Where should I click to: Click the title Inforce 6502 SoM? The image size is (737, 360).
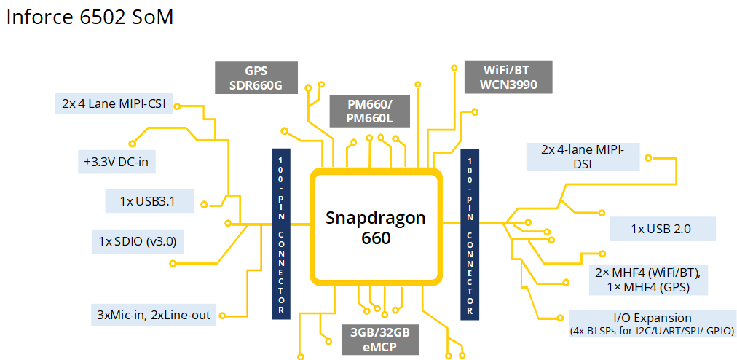pos(90,17)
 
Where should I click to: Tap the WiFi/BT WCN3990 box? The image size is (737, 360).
pos(508,77)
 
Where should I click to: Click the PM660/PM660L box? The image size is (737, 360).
pos(368,111)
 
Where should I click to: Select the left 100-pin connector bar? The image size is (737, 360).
pos(280,234)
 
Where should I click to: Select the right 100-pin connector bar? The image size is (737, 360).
pos(470,234)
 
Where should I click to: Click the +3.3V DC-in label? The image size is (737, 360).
pos(116,162)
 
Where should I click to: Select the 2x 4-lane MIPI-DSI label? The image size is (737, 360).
pos(583,157)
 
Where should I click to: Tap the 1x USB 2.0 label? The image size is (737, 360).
pos(661,229)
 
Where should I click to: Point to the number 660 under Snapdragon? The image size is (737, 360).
pos(376,238)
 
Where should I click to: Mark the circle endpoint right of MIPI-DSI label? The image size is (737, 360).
pos(648,157)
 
